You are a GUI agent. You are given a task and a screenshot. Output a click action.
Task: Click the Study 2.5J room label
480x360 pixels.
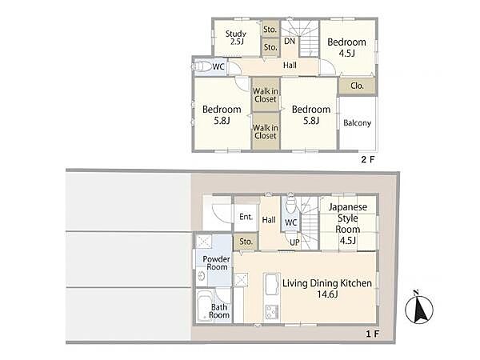(x=236, y=38)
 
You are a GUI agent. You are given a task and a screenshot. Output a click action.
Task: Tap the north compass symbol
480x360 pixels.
(x=418, y=308)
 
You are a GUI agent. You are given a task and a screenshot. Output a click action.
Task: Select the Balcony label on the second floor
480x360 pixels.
(x=358, y=122)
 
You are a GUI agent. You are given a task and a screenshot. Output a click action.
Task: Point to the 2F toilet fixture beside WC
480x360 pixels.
(x=202, y=66)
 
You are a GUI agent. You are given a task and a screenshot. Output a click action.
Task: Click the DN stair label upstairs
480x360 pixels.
(x=290, y=41)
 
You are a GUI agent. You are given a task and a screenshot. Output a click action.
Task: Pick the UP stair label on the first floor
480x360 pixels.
(x=294, y=242)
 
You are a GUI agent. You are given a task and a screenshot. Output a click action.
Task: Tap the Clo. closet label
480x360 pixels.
(x=358, y=86)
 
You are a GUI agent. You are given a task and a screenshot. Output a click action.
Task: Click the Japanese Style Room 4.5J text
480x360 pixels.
(x=348, y=223)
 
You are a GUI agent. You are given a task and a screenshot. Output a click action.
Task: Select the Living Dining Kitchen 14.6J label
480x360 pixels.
(x=327, y=288)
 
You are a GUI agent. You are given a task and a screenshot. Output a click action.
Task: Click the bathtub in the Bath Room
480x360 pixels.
(x=205, y=306)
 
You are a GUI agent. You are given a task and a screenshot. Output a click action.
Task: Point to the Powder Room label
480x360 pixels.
(x=217, y=263)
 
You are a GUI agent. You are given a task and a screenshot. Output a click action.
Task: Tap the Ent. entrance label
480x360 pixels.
(x=246, y=217)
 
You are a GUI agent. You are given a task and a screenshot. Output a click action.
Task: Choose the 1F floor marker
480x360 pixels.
(x=373, y=334)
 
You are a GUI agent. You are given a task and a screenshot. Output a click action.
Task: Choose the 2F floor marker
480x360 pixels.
(x=368, y=159)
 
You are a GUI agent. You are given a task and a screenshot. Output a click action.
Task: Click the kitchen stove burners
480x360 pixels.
(x=272, y=312)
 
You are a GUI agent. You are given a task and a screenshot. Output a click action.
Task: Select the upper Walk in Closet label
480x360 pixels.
(x=266, y=95)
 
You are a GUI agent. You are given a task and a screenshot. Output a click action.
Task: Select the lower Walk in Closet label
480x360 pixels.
(x=266, y=132)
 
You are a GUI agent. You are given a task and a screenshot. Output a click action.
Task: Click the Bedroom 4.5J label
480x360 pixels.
(x=347, y=47)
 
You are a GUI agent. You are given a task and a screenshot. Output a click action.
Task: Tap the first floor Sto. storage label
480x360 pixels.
(x=246, y=242)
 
